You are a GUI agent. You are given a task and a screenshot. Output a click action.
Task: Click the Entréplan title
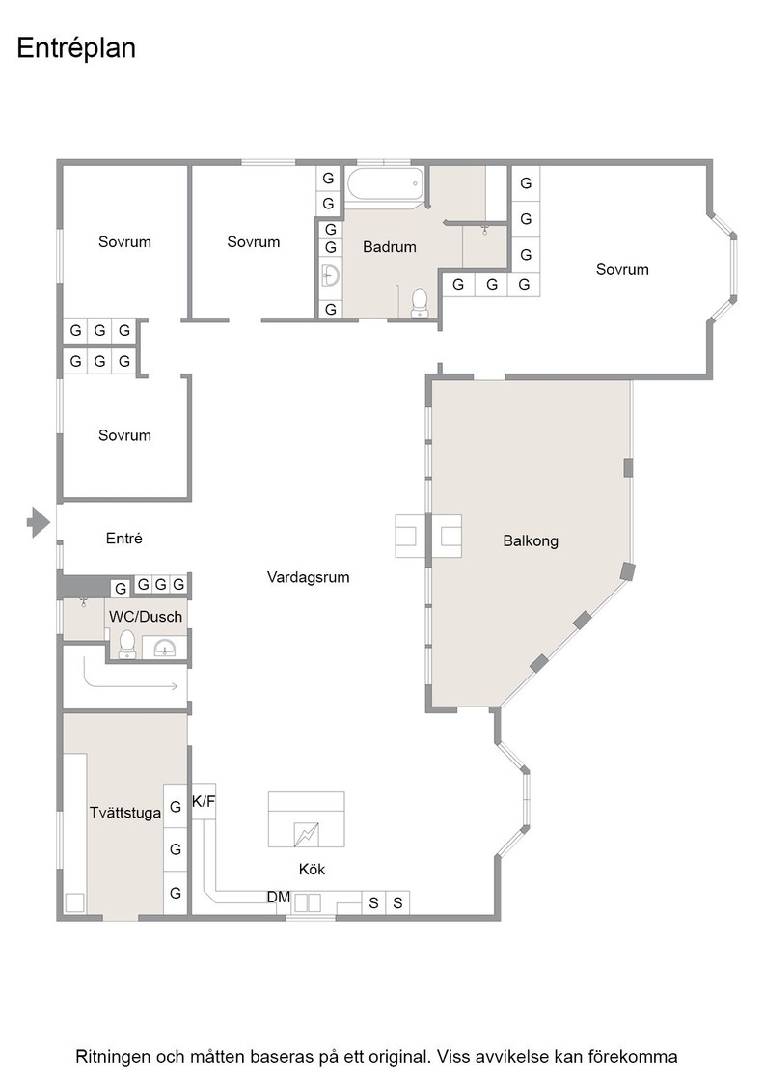pos(76,48)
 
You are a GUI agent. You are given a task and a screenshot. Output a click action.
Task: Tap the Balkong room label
pos(531,541)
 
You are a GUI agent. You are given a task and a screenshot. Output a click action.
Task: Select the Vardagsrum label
pos(308,577)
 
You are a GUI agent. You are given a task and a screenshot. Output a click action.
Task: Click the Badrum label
pos(389,247)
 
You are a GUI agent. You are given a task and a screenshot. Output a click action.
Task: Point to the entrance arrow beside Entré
pos(39,522)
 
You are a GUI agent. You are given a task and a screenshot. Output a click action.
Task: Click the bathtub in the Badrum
pos(384,184)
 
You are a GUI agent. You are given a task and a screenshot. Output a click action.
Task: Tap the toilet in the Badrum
pos(419,303)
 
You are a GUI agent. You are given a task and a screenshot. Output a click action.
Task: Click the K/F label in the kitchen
pos(204,802)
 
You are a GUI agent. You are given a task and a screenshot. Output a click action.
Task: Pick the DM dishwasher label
pos(279,897)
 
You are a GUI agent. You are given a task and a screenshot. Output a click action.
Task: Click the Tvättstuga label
pos(125,813)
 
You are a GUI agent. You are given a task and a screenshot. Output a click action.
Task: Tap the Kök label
pos(313,870)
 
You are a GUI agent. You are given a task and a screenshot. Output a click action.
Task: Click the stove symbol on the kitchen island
pos(306,834)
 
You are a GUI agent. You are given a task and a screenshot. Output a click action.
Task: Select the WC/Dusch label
pos(146,617)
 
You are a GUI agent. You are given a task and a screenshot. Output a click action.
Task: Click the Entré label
pos(124,539)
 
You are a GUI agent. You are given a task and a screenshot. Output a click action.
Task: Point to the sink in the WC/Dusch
pos(164,648)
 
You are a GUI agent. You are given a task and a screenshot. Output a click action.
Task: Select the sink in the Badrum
pos(331,275)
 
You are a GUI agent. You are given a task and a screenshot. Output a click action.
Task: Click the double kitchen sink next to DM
pos(307,902)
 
